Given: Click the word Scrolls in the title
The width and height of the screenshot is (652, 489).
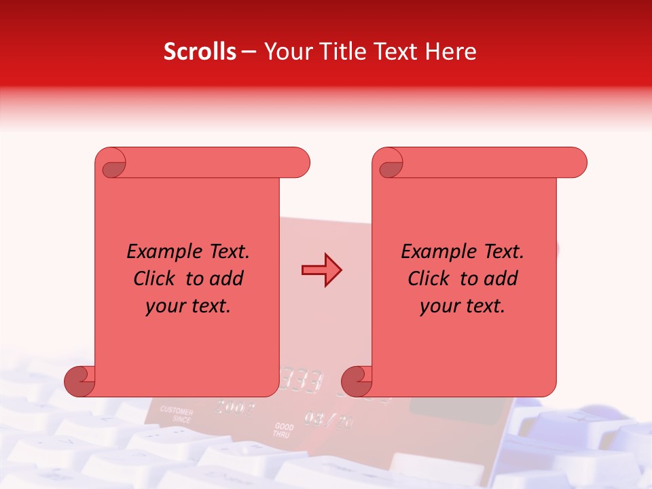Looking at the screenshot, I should click(x=200, y=52).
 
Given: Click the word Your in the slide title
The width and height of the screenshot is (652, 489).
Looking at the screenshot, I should click(x=285, y=52).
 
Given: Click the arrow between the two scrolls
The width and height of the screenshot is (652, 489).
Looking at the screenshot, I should click(x=321, y=270).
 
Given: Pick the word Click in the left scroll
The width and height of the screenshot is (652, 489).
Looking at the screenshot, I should click(x=158, y=278).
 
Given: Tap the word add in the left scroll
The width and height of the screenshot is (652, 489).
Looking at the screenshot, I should click(x=226, y=278).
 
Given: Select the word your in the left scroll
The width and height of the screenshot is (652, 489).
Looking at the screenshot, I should click(x=163, y=306).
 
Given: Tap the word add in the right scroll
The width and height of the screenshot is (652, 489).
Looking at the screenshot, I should click(x=501, y=278).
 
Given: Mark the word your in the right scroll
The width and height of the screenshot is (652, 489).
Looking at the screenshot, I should click(x=437, y=306).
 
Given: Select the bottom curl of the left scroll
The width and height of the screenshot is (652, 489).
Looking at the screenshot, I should click(x=79, y=381).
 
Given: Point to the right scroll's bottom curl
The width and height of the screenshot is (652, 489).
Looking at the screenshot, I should click(x=356, y=381).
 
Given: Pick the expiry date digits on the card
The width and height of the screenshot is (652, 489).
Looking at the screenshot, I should click(x=329, y=419).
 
